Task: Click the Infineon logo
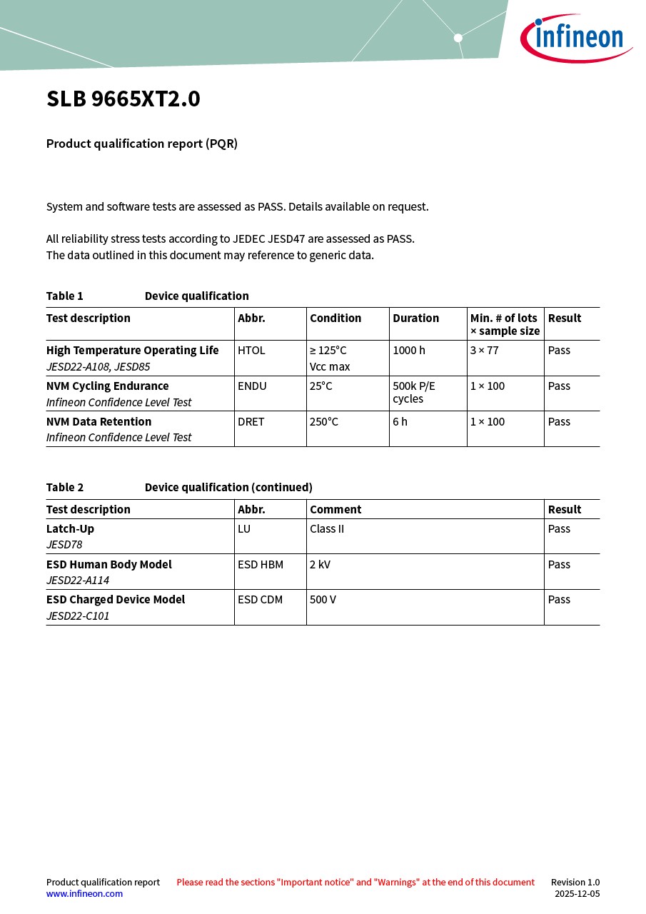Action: point(575,38)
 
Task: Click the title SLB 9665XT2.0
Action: point(123,99)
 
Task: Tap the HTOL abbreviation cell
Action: point(251,351)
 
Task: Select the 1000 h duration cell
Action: point(409,351)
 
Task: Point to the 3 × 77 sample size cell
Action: point(485,351)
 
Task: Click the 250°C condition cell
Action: point(324,422)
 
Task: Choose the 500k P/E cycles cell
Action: point(414,392)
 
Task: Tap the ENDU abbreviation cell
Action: point(252,386)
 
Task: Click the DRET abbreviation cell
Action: point(251,422)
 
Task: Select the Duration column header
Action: point(416,318)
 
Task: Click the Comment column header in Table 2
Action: point(335,510)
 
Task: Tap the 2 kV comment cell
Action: point(320,565)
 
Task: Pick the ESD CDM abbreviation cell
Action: point(261,600)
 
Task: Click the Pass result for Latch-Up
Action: point(559,529)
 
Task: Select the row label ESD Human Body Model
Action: point(109,565)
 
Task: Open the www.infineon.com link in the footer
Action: point(84,894)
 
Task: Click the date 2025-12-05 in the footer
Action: point(577,894)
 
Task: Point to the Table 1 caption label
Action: point(65,296)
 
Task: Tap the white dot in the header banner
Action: point(458,38)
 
